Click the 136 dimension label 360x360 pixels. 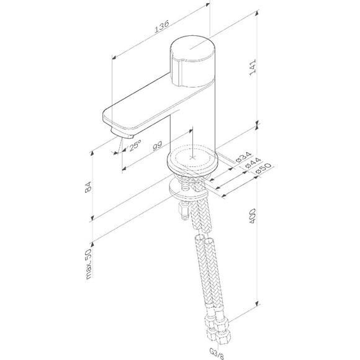162,26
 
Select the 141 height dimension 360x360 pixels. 253,67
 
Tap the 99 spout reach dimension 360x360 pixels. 158,146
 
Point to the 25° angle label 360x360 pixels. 134,145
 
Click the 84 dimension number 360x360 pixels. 88,187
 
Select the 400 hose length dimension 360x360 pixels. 253,215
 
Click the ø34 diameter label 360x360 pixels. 244,157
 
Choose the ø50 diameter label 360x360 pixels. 263,169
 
